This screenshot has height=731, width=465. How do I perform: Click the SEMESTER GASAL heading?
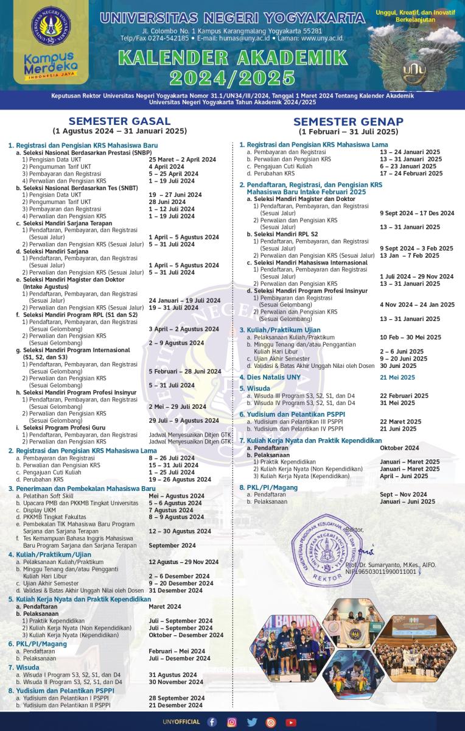[119, 121]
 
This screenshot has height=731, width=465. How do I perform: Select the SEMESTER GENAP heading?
[348, 121]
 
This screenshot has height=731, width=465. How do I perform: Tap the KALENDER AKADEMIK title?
[233, 58]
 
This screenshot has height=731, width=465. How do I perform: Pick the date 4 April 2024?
[166, 166]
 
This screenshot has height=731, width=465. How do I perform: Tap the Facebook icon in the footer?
[212, 722]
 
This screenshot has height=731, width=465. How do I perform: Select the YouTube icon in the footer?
[291, 722]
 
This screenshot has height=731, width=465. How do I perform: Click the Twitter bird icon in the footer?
[251, 722]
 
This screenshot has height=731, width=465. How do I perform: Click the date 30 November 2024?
[176, 682]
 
